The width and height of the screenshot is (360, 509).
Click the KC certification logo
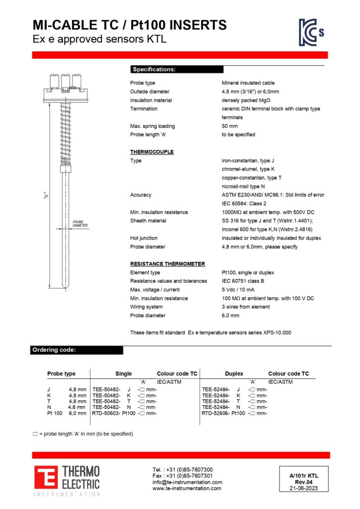click(311, 32)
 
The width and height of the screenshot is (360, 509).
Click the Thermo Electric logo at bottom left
click(67, 480)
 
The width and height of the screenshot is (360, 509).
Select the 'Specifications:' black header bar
click(177, 70)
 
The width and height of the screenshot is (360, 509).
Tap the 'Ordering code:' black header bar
click(77, 350)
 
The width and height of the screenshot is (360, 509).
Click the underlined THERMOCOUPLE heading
click(152, 152)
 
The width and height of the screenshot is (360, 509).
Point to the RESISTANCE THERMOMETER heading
click(167, 264)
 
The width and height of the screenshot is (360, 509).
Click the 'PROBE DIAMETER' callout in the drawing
click(80, 224)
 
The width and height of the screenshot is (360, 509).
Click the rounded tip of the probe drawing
click(65, 286)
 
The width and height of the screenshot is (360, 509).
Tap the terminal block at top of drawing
click(64, 85)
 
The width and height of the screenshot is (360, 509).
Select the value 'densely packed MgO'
click(246, 100)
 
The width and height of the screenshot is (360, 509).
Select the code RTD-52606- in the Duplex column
click(216, 414)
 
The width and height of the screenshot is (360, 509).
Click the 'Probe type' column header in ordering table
click(61, 374)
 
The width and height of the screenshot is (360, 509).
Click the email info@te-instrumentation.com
click(187, 482)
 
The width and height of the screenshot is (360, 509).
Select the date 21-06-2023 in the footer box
click(303, 488)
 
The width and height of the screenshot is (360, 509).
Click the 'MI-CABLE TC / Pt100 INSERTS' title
click(129, 25)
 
